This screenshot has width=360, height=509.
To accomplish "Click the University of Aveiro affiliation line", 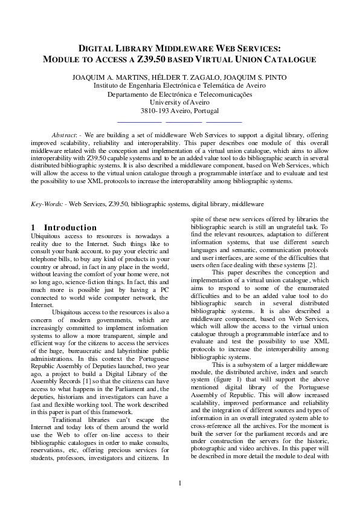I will click(x=179, y=103).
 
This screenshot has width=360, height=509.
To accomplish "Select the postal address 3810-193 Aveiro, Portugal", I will click(x=179, y=111).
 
